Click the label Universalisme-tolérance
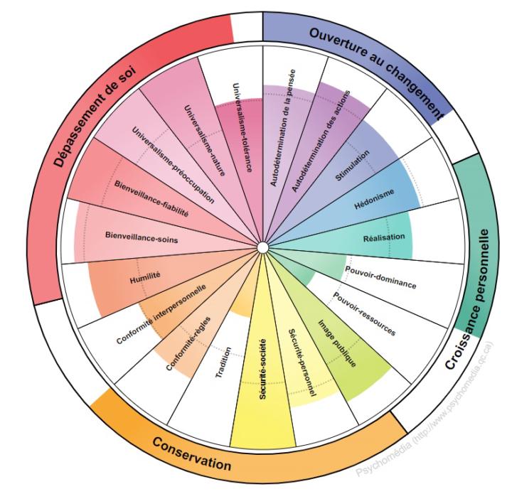click(x=242, y=127)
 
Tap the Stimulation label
click(x=353, y=166)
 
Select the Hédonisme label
click(x=374, y=199)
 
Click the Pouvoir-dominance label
click(x=380, y=278)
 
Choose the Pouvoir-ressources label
click(x=364, y=313)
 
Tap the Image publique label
click(x=337, y=343)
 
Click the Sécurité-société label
click(x=263, y=369)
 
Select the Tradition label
click(x=223, y=363)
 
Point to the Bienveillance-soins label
click(x=142, y=237)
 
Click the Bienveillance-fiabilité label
click(x=151, y=198)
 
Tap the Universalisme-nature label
click(x=205, y=140)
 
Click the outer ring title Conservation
click(x=192, y=453)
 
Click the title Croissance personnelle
click(x=468, y=299)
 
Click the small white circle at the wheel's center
click(x=262, y=247)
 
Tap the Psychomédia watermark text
click(x=425, y=409)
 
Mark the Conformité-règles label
click(x=188, y=343)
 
